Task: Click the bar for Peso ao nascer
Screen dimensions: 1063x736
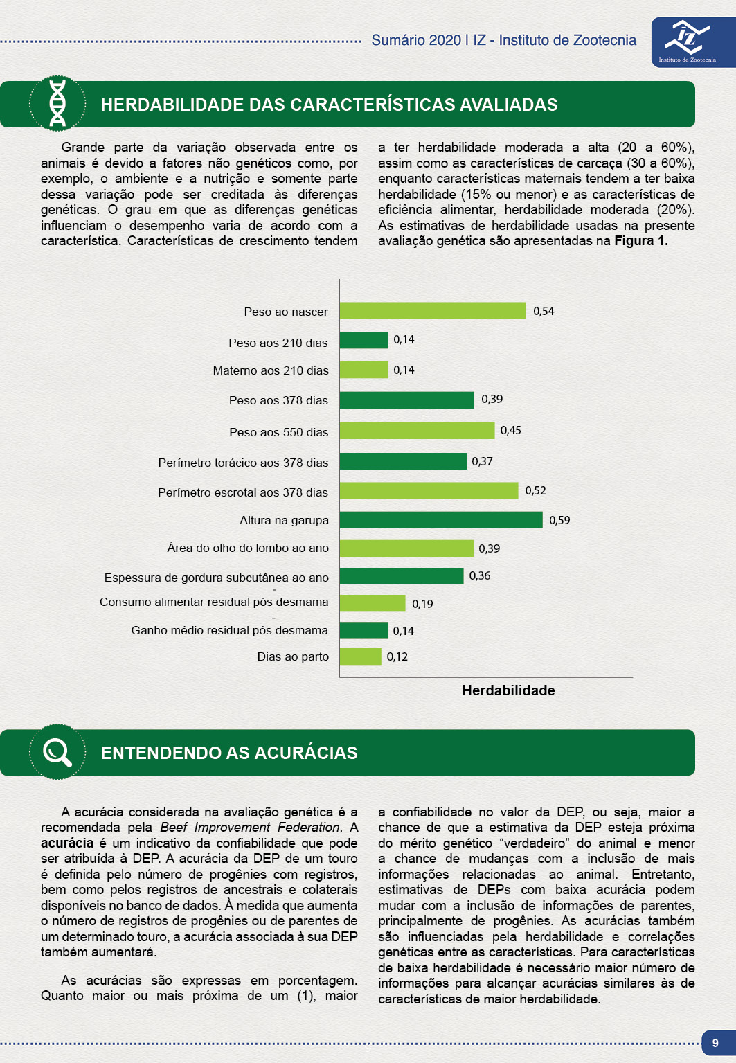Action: click(433, 311)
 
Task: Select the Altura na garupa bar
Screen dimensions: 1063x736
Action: click(441, 520)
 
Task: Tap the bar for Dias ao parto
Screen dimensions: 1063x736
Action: click(361, 656)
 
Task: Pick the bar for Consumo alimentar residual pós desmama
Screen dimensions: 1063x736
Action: click(373, 603)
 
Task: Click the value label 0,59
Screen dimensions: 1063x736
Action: click(559, 520)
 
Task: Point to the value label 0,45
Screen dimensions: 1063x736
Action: click(510, 430)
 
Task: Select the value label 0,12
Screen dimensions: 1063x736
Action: click(397, 656)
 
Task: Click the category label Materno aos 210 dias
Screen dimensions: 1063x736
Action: click(271, 370)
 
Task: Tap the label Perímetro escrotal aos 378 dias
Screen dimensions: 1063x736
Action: click(243, 492)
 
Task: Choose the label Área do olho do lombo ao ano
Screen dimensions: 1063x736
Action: click(248, 548)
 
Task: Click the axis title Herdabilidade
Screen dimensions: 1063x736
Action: click(508, 690)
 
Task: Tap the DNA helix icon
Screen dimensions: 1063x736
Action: click(57, 103)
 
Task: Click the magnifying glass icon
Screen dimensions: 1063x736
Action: click(57, 752)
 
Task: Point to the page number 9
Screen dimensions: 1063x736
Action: click(715, 1043)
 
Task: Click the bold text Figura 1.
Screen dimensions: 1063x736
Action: click(640, 241)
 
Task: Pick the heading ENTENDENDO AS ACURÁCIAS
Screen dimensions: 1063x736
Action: click(229, 753)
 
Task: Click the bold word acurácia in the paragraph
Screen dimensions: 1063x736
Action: click(67, 843)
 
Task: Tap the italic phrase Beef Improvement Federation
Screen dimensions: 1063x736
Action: click(250, 828)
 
